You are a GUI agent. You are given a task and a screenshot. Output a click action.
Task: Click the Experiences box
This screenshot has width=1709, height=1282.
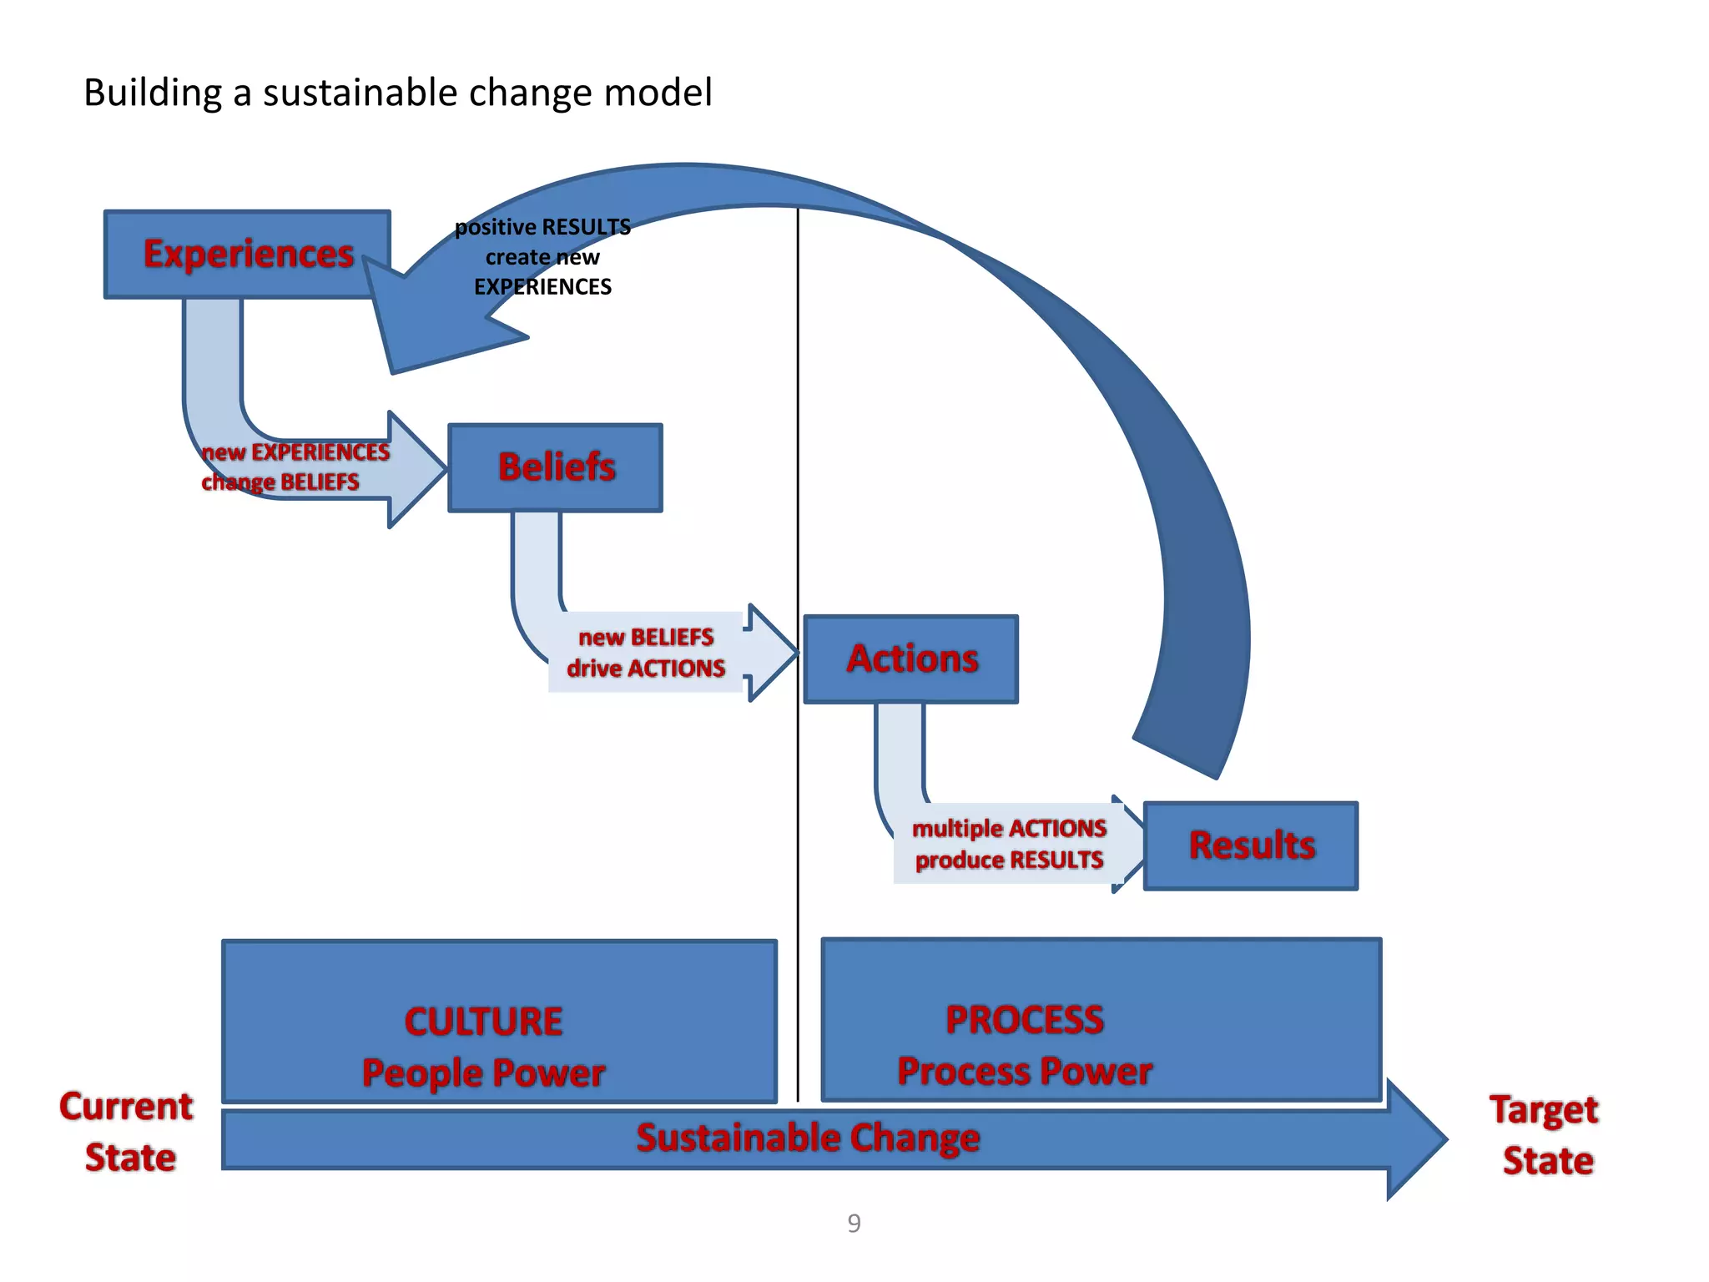tap(247, 254)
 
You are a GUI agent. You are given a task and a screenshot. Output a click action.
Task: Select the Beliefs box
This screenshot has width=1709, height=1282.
tap(556, 467)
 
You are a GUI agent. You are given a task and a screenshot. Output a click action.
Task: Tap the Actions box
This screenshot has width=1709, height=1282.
tap(911, 659)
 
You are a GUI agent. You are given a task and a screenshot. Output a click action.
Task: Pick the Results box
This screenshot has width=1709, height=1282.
tap(1251, 845)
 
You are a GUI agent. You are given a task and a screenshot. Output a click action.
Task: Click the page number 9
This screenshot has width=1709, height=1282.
tap(854, 1223)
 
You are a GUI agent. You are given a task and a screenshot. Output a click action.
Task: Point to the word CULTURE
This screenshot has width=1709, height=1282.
tap(484, 1022)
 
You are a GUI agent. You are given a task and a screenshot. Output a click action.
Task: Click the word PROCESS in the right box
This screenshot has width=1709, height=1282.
tap(1025, 1020)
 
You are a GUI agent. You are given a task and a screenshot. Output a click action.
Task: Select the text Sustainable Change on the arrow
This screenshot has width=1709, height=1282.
tap(808, 1138)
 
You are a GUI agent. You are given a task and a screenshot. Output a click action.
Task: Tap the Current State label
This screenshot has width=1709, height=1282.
tap(127, 1132)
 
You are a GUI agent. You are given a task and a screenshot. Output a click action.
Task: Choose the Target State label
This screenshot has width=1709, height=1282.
tap(1545, 1135)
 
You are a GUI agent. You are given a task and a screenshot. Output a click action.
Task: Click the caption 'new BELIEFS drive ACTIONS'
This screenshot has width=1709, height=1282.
tap(646, 653)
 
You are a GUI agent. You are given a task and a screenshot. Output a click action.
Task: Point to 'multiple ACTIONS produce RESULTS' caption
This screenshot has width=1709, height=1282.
tap(1009, 844)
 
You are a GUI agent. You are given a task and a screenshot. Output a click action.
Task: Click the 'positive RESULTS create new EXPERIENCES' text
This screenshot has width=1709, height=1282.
tap(542, 257)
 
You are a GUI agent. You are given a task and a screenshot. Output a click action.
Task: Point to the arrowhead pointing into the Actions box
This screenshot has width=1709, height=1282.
tap(773, 653)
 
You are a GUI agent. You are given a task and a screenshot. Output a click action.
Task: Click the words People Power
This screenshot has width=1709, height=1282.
tap(484, 1073)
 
